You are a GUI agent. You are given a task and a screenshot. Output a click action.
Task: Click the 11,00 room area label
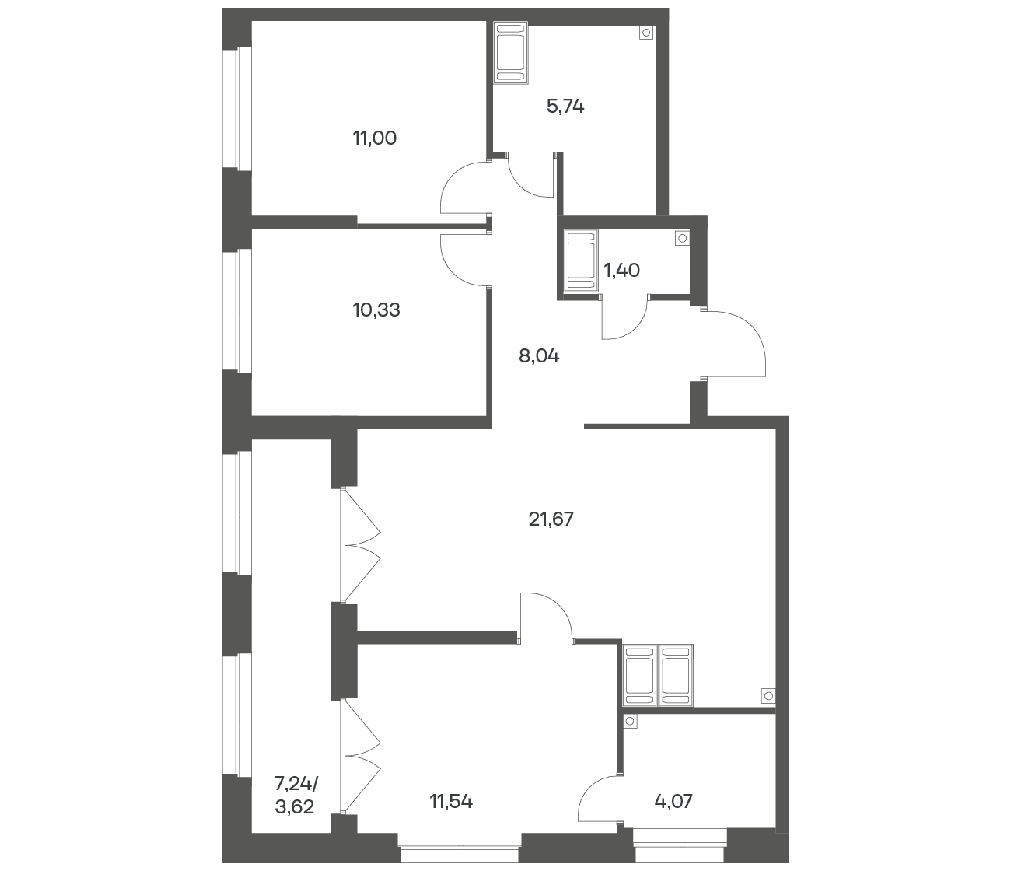point(375,138)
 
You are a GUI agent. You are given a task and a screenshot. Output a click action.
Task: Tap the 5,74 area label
point(565,106)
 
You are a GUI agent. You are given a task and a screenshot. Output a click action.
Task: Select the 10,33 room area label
point(376,310)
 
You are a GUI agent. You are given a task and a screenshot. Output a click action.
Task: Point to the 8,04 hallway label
point(539,356)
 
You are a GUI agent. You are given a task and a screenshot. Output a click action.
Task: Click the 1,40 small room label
point(622,270)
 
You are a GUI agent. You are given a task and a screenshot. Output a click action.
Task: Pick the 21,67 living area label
point(551,519)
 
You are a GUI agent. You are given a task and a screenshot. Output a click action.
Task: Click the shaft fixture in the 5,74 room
point(511,52)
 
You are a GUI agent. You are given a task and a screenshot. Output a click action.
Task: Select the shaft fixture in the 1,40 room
point(581,261)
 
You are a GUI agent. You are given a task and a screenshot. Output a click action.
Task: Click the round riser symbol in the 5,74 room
point(646,33)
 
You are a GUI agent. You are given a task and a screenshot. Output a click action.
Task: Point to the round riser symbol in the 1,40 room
point(682,239)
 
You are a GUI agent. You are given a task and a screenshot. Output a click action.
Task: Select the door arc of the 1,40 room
point(635,327)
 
